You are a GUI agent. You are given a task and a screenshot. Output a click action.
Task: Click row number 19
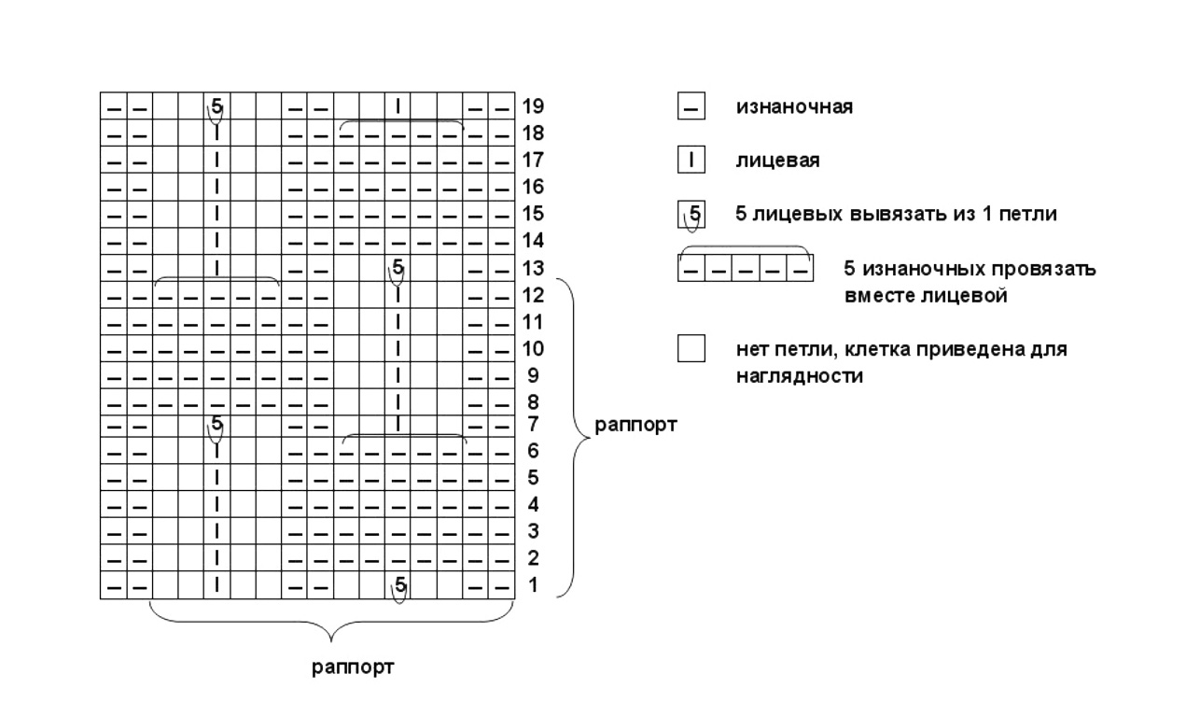click(x=533, y=106)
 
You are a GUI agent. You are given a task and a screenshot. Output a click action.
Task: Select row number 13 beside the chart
click(x=533, y=269)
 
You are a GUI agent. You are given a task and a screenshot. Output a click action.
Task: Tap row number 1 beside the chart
click(x=533, y=585)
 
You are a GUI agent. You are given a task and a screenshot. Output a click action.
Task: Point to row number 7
click(x=533, y=424)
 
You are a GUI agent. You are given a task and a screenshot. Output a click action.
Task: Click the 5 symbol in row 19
click(x=216, y=105)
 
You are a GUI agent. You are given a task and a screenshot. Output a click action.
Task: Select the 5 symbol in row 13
click(x=398, y=266)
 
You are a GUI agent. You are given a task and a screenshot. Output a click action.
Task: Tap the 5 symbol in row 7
click(x=216, y=423)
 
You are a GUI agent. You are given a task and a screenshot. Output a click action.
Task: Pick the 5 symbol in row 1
click(x=400, y=585)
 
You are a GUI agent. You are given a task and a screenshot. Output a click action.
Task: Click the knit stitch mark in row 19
click(x=398, y=106)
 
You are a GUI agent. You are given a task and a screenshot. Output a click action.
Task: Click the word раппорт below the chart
click(x=353, y=667)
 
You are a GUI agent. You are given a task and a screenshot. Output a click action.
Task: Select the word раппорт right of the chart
click(x=635, y=425)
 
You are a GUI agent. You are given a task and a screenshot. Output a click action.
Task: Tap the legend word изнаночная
click(x=794, y=107)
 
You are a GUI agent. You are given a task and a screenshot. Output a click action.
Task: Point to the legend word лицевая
click(x=778, y=161)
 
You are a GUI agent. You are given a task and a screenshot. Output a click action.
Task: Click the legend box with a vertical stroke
click(x=691, y=160)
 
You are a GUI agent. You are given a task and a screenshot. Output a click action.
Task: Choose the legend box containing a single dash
click(x=691, y=105)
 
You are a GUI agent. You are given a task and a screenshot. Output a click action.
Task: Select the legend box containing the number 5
click(x=691, y=214)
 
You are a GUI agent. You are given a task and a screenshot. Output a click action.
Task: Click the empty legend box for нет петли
click(x=691, y=348)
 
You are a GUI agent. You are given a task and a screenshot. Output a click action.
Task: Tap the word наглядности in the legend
click(x=800, y=376)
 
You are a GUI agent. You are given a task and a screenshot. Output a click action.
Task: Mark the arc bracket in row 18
click(x=401, y=121)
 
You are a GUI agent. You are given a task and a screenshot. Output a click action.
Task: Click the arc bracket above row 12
click(x=216, y=277)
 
